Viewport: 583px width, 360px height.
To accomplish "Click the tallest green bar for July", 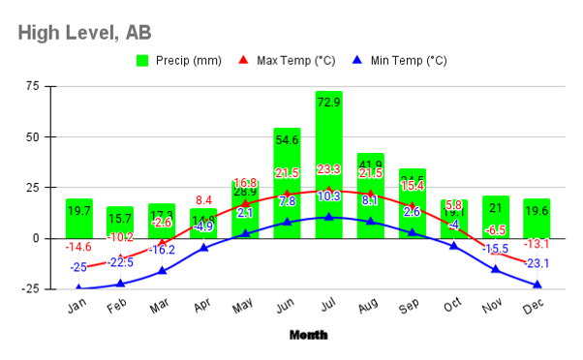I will coord(328,165).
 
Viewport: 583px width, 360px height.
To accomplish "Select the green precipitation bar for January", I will coord(79,218).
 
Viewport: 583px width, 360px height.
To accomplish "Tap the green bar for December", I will coord(537,218).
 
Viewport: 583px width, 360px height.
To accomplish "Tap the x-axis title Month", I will coord(308,335).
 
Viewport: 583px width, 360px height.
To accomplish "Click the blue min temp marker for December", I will coord(537,285).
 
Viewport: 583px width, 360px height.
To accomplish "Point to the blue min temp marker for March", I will coord(162,271).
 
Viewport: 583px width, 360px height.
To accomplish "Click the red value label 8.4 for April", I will coord(204,201).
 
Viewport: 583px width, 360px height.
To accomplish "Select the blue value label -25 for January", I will coord(78,267).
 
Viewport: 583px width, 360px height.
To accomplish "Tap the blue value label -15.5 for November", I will coord(495,249).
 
